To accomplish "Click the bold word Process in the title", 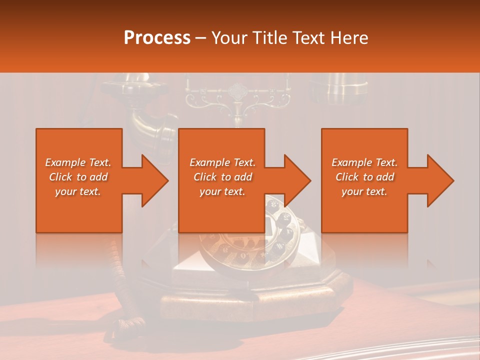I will [157, 38].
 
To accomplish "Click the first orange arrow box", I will [79, 180].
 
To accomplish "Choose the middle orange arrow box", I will [221, 180].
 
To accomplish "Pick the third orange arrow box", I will [364, 180].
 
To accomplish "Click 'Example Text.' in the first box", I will [78, 162].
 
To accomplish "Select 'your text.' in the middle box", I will [222, 191].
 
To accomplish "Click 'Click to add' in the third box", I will [365, 177].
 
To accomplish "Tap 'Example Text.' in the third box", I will [364, 162].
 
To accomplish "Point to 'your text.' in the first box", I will [78, 191].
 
